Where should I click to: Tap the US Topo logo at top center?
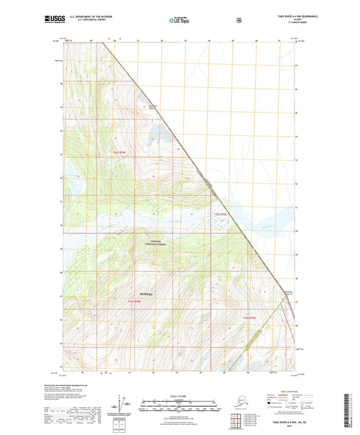click(x=180, y=21)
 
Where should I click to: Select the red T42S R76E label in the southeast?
click(x=250, y=317)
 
